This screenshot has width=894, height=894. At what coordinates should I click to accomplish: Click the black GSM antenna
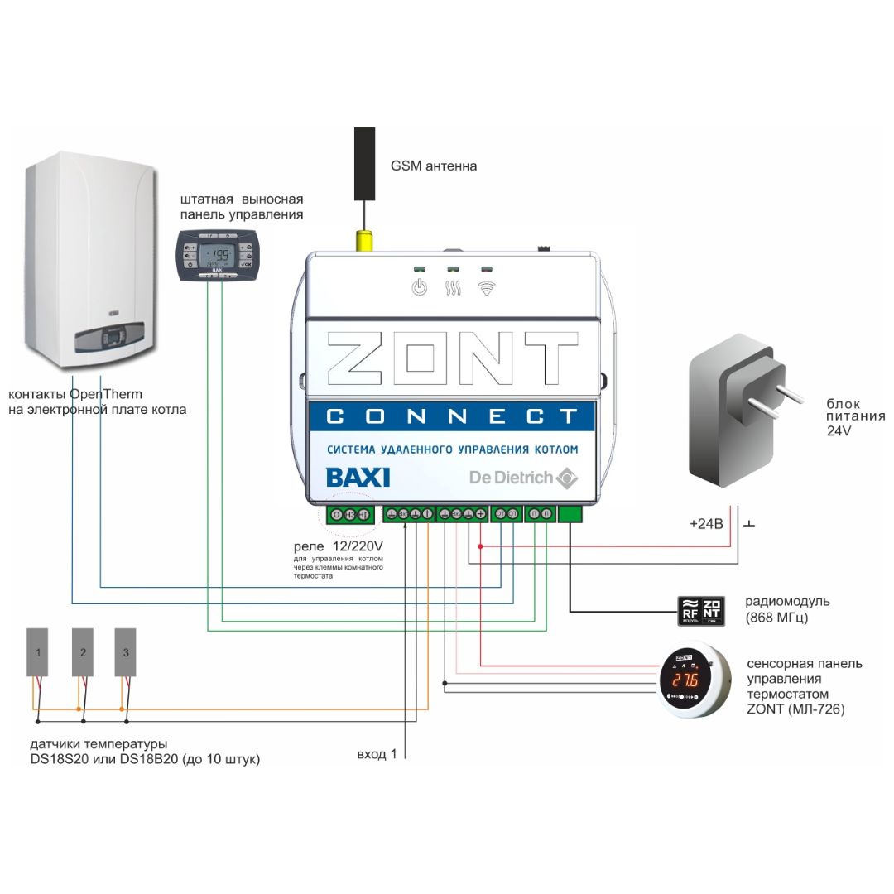click(x=365, y=164)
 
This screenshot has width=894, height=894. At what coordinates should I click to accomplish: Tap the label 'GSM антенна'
click(x=434, y=166)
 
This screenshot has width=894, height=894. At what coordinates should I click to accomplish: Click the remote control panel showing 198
click(x=219, y=254)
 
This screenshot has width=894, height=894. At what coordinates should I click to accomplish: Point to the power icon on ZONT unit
click(x=420, y=289)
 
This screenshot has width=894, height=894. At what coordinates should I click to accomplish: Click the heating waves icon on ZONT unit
click(x=453, y=289)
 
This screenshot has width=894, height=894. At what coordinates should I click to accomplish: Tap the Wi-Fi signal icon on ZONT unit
click(x=486, y=289)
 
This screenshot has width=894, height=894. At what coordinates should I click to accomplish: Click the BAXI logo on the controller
click(x=358, y=478)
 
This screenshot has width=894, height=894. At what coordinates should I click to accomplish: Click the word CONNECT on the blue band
click(x=451, y=416)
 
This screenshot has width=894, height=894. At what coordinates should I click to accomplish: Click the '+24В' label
click(x=706, y=524)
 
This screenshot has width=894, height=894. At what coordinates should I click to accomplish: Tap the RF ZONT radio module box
click(x=702, y=610)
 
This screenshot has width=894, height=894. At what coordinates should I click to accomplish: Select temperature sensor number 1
click(x=38, y=652)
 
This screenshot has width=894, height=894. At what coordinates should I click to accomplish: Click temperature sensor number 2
click(x=82, y=652)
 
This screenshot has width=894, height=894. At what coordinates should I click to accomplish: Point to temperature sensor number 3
click(x=125, y=652)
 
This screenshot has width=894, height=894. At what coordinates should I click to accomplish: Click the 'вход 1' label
click(x=377, y=754)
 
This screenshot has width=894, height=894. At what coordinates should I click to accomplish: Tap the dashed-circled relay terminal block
click(x=350, y=515)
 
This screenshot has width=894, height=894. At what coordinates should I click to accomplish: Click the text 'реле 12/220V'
click(x=339, y=547)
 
